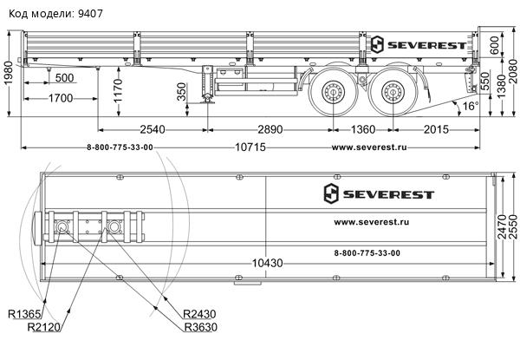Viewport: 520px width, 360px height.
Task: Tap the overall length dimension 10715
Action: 252,147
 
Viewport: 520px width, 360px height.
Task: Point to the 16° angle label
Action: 469,106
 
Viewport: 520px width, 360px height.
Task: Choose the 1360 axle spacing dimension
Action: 357,129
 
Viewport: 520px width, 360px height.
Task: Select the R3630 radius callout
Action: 200,327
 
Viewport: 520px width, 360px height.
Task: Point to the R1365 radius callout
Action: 25,314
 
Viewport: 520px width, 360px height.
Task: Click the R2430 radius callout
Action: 200,314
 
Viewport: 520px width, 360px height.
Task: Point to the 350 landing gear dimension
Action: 180,92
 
